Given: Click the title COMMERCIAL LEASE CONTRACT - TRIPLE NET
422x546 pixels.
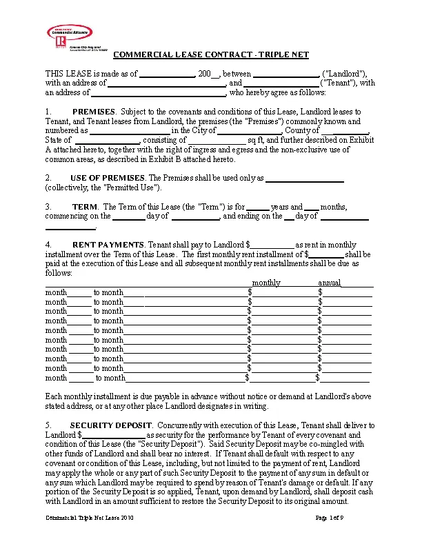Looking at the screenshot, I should point(211,54).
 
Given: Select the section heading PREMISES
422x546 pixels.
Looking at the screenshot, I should point(94,111).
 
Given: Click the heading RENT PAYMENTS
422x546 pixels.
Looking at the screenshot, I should point(108,245).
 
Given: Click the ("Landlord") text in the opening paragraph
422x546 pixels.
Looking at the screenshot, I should point(347,74).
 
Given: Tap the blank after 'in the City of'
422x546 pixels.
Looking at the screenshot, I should point(248,130).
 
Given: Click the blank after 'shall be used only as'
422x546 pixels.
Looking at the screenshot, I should point(304,179).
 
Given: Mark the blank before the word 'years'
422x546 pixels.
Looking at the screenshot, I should point(257,208).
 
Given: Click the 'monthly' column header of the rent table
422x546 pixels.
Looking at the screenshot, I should point(266,283).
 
